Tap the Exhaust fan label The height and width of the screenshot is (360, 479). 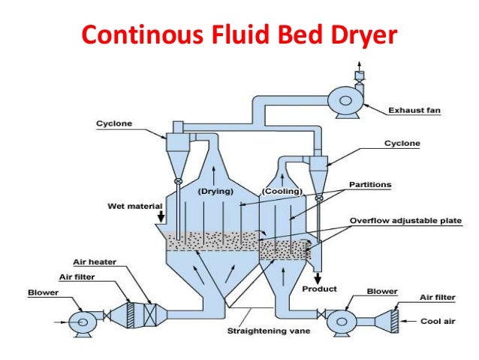click(414, 110)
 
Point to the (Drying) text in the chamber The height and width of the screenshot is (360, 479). click(213, 192)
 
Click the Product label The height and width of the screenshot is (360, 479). click(320, 289)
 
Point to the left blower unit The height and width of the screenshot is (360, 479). click(79, 321)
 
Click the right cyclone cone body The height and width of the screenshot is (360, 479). click(318, 175)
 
